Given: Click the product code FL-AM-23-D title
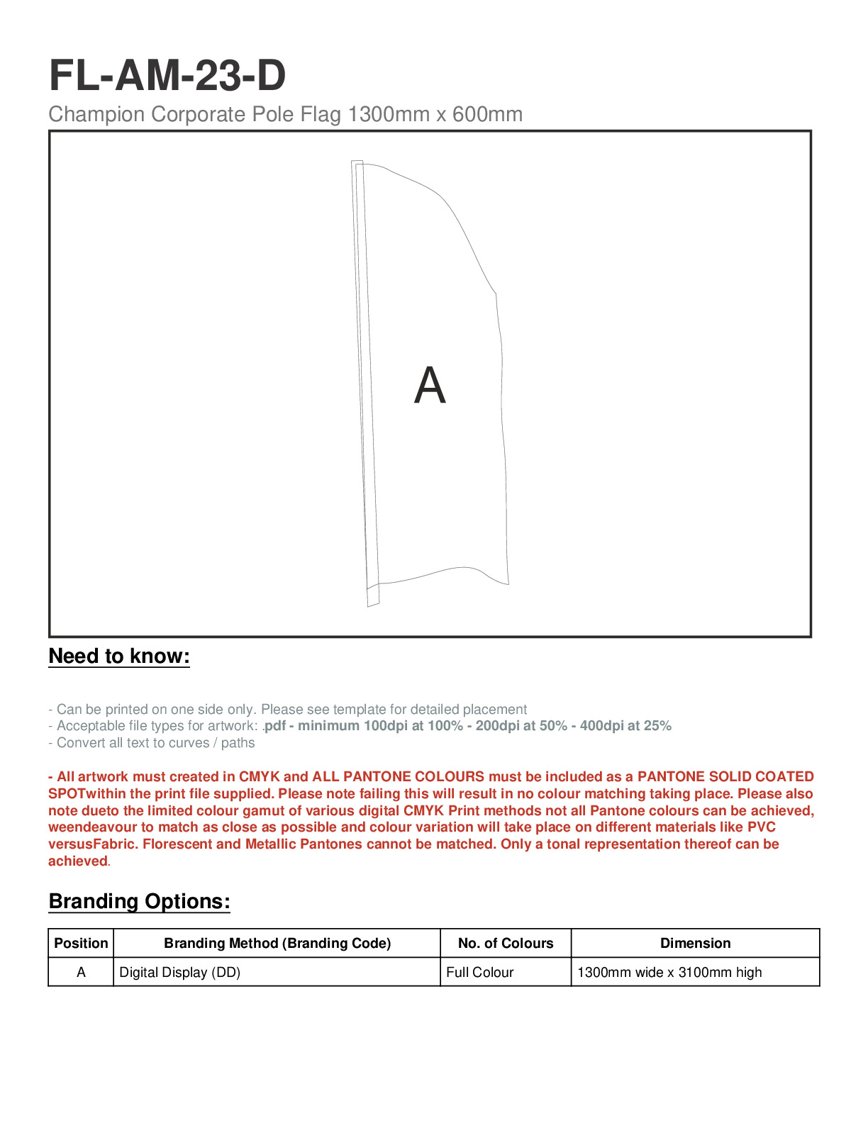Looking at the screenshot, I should tap(167, 75).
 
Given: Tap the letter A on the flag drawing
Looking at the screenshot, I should tap(430, 386).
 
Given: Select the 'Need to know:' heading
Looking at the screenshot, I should tap(119, 657).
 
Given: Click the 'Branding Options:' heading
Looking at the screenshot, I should tap(139, 902).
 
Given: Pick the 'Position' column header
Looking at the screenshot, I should tap(81, 944).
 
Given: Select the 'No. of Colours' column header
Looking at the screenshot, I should tap(506, 944).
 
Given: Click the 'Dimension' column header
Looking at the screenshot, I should tap(695, 944).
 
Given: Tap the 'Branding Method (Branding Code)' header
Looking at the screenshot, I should tap(277, 944).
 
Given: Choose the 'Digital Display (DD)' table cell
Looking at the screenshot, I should tap(180, 973).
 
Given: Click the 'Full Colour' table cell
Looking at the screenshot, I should tap(479, 973).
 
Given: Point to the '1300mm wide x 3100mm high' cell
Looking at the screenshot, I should tap(669, 973).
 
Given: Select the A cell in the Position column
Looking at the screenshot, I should tap(81, 973).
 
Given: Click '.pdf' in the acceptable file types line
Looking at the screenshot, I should tap(274, 726).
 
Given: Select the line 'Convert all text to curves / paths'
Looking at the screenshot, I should tap(152, 743).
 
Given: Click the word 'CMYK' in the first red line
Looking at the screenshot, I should tap(259, 777).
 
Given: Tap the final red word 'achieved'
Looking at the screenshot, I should tap(77, 861).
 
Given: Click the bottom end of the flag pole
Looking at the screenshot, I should tap(374, 603).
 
